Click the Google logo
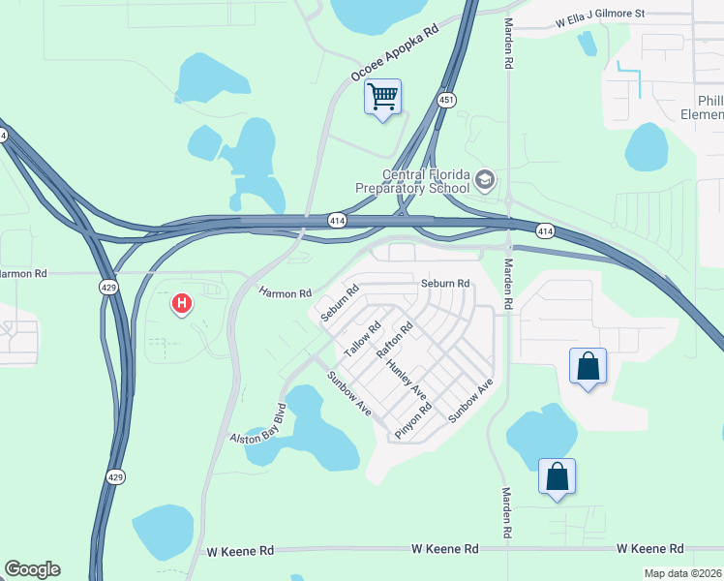click(x=32, y=569)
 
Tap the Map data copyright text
click(x=683, y=573)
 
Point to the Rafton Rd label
click(x=394, y=340)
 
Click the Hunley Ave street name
click(x=406, y=380)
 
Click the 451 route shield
click(x=446, y=100)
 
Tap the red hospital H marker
click(x=181, y=305)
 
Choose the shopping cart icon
click(x=382, y=96)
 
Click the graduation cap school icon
click(x=484, y=180)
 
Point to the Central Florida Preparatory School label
click(x=427, y=181)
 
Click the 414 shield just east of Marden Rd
click(x=546, y=230)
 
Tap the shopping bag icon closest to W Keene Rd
click(x=557, y=476)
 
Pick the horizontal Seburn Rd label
click(x=445, y=284)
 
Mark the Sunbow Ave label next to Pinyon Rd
click(x=471, y=400)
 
